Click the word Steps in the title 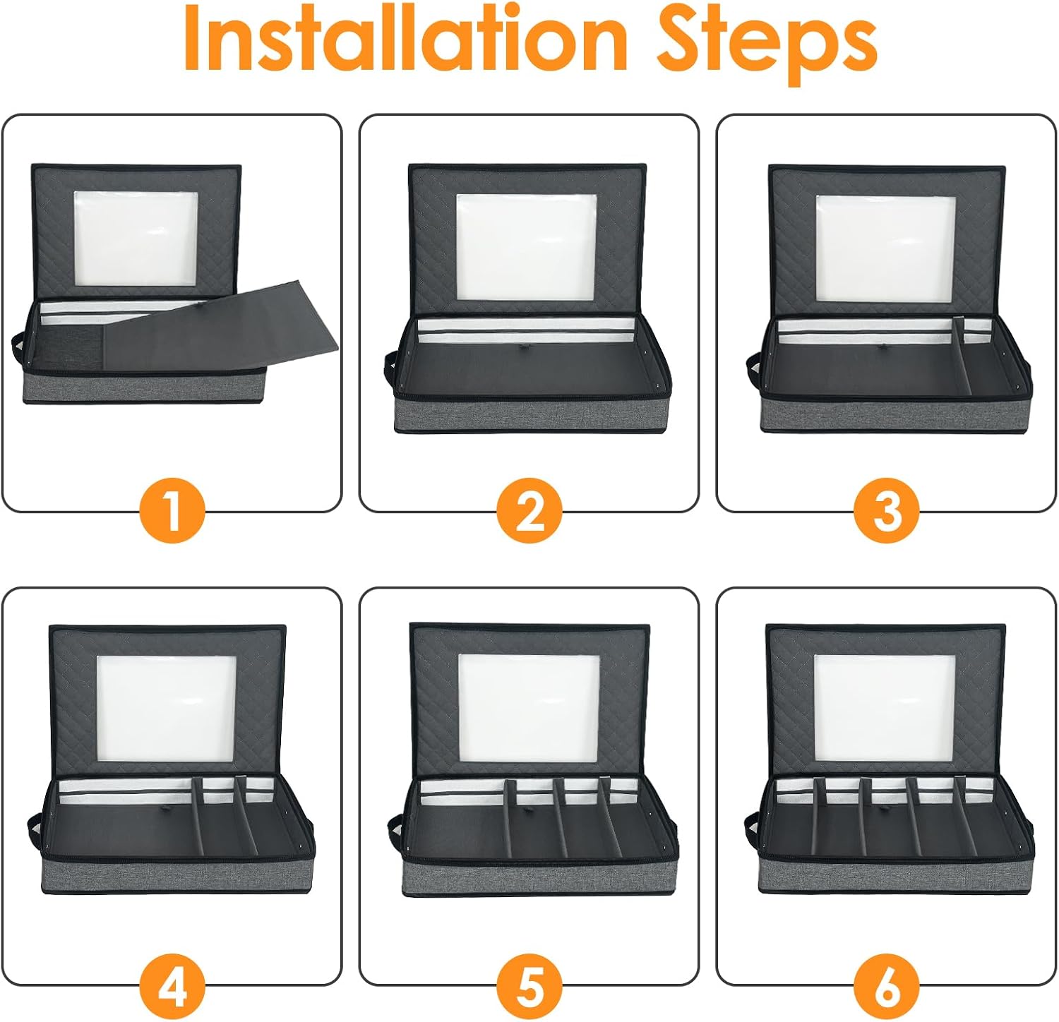(x=767, y=44)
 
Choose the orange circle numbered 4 (x=172, y=984)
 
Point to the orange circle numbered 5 (x=529, y=984)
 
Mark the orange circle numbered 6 (x=887, y=984)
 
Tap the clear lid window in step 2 (x=526, y=247)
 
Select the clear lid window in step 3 (x=886, y=248)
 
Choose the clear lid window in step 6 (x=885, y=708)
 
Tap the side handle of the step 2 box (x=390, y=368)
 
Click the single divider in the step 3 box (x=961, y=357)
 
